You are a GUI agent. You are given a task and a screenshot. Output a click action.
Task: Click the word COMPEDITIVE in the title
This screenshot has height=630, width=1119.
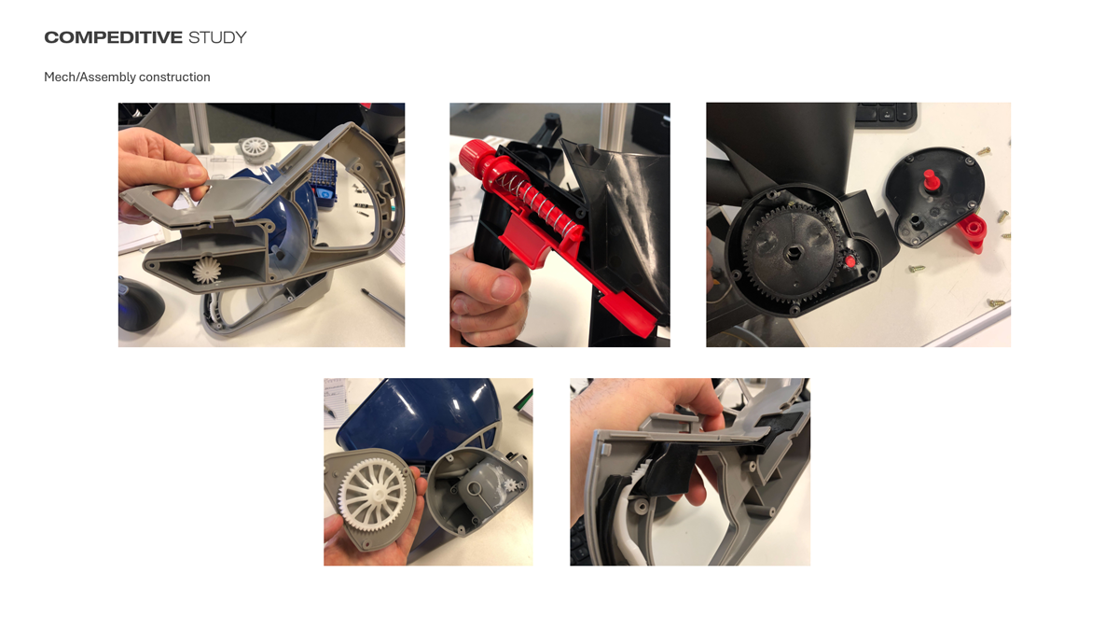click(x=114, y=37)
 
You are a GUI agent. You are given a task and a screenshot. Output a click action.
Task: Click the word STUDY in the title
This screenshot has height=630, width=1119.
click(x=217, y=37)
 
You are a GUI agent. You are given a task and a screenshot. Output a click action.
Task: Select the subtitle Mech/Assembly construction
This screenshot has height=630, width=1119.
click(x=127, y=77)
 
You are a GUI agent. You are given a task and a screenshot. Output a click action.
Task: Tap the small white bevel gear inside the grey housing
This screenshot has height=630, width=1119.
click(x=207, y=270)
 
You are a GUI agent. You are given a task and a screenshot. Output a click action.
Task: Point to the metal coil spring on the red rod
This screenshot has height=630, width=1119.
click(x=534, y=199)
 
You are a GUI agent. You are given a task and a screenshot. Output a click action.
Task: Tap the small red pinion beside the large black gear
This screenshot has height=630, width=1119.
click(x=849, y=261)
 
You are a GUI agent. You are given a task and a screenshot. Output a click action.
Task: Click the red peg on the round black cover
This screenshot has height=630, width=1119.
click(x=930, y=179)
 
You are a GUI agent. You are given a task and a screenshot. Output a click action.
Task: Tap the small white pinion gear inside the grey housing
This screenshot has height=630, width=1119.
click(x=512, y=484)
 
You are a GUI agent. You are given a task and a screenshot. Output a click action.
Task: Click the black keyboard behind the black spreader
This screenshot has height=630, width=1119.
click(x=886, y=115)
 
